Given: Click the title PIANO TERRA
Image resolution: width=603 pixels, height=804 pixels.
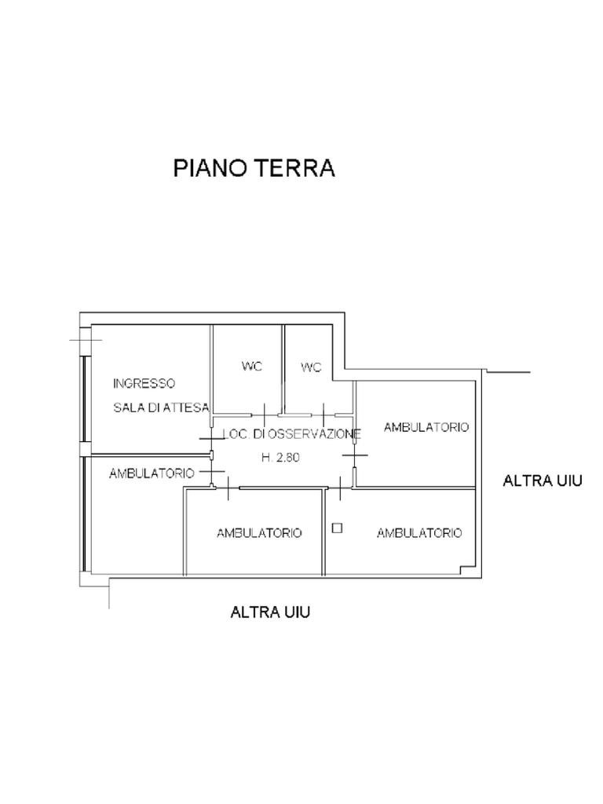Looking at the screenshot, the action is [254, 168].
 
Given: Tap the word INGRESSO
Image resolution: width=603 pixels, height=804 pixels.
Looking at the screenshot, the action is [144, 383].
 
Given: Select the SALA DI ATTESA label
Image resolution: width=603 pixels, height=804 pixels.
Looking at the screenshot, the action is [161, 407].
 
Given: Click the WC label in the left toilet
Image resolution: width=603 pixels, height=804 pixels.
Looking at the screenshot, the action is [252, 366].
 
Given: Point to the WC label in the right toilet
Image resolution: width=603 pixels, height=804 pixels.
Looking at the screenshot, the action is [311, 367].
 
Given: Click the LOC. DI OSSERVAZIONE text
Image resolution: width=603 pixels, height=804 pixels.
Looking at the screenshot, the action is [292, 433].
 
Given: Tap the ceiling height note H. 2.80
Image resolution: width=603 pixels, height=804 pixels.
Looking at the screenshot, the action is [280, 458].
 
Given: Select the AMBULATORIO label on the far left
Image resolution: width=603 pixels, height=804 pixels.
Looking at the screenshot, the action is [152, 473].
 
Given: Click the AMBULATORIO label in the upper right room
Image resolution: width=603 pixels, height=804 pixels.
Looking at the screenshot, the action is [426, 427].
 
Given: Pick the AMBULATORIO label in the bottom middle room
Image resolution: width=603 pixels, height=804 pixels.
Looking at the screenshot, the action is [259, 533].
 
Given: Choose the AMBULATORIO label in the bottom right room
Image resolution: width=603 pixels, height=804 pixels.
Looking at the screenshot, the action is [419, 533].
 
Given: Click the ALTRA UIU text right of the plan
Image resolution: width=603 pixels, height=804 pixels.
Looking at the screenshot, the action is [543, 481].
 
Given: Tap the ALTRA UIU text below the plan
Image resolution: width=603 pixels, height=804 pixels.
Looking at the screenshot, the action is [270, 612].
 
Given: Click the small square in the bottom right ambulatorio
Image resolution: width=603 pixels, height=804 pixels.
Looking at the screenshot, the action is [337, 528].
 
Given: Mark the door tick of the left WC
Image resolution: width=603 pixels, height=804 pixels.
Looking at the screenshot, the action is [265, 415].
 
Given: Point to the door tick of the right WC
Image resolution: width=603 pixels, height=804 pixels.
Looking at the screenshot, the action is [323, 415].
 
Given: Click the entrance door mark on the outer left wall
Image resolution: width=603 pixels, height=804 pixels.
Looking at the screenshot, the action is [86, 340].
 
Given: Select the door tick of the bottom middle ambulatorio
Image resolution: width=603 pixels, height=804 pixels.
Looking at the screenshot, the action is [227, 488].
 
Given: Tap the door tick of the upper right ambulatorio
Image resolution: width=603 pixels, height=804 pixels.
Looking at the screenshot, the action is [355, 455].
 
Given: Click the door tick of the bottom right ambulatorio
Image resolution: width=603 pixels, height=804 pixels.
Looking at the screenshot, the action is [341, 488].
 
